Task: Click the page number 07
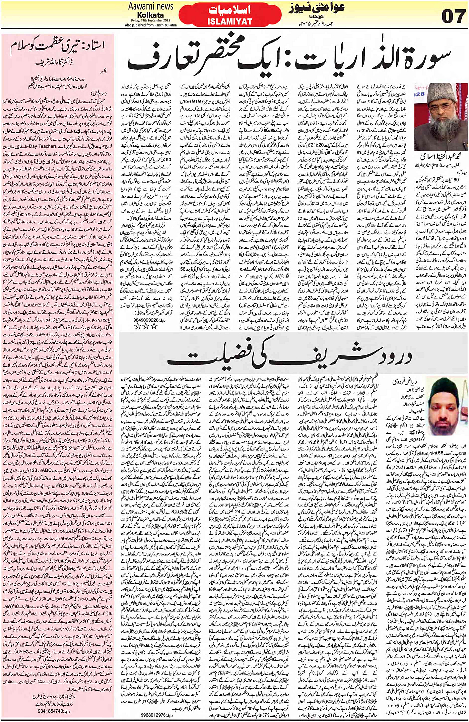tap(453, 16)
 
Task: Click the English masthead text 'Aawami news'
tap(151, 6)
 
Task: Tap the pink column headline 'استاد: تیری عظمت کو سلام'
tap(58, 47)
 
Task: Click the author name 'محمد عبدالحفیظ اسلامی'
tap(441, 156)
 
